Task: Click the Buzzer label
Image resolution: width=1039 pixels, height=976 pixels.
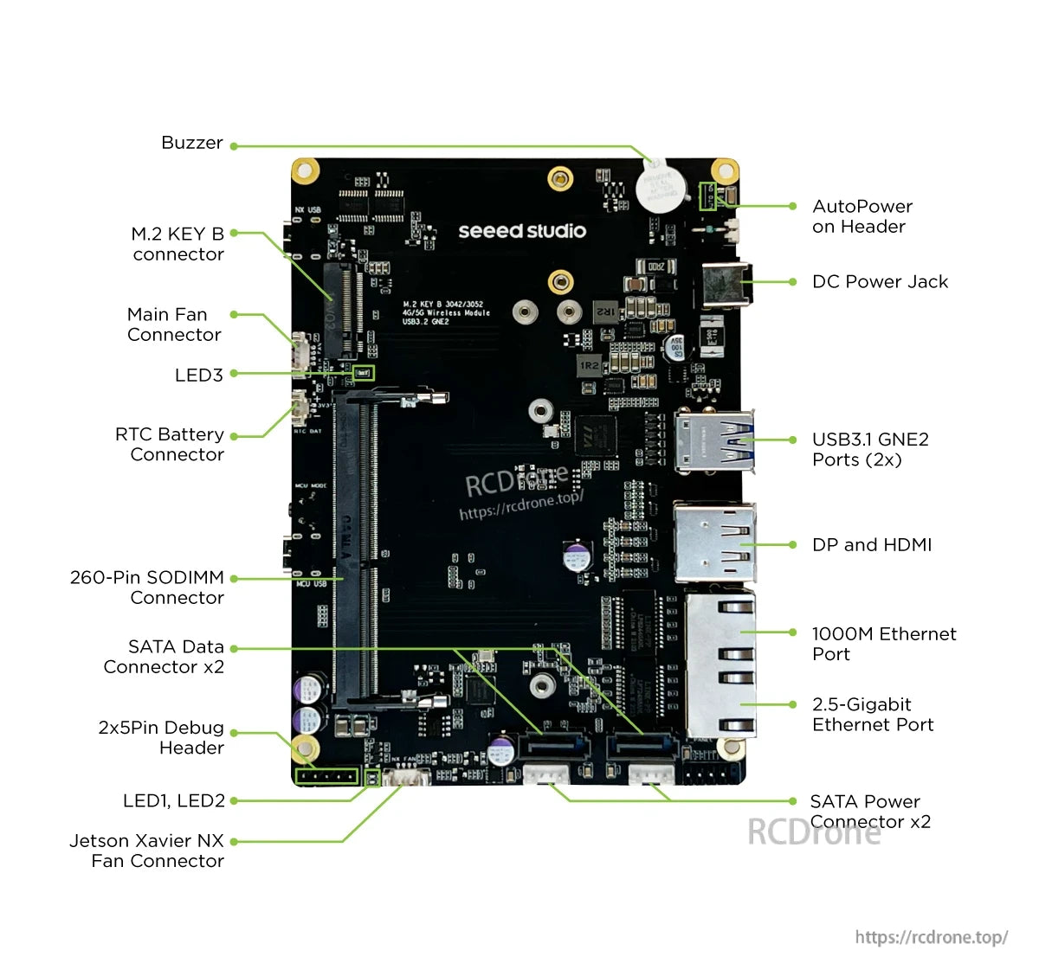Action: [191, 143]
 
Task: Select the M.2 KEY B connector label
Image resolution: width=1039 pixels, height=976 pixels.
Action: [177, 244]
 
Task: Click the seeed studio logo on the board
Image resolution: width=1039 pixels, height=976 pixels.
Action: [522, 231]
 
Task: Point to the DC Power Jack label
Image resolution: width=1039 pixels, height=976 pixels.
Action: [880, 282]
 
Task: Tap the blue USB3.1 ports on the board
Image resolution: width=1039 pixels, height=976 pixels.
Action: [714, 442]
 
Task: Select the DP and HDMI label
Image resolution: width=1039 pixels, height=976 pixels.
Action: [872, 545]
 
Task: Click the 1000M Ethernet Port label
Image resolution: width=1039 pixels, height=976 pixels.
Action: [883, 645]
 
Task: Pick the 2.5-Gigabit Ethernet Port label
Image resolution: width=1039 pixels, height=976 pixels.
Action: [873, 715]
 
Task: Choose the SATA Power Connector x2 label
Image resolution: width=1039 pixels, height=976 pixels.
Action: [870, 812]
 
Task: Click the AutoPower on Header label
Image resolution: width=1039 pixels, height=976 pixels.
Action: [862, 216]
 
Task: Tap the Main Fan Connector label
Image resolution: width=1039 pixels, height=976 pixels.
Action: [173, 324]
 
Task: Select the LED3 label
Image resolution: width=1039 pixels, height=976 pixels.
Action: [198, 376]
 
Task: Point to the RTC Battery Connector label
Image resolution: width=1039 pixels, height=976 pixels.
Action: [170, 445]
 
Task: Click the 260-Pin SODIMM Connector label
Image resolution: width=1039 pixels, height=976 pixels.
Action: [147, 588]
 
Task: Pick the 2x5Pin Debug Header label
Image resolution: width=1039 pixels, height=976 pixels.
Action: [161, 738]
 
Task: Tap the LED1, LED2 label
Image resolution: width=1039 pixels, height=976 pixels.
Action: [173, 801]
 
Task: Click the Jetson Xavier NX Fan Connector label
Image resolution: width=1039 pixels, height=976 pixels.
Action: [147, 851]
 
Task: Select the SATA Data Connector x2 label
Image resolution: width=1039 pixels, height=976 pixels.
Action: [164, 657]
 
